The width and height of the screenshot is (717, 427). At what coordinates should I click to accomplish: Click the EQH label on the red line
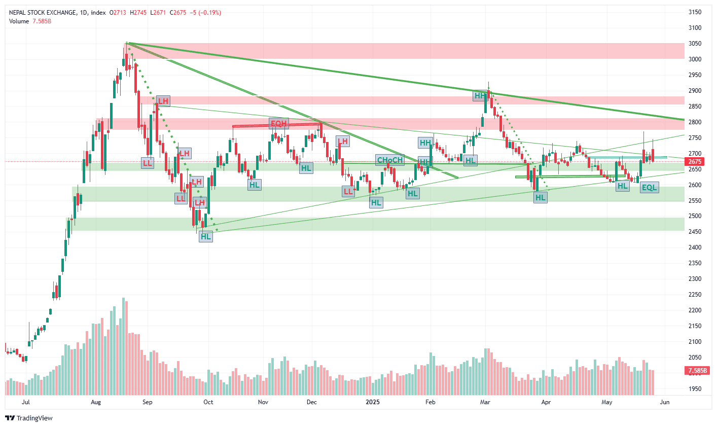(x=279, y=123)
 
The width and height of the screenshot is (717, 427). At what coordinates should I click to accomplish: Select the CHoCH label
(x=389, y=160)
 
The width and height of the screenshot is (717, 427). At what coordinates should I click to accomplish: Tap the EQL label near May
(x=649, y=188)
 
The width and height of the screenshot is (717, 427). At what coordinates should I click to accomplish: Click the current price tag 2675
(x=694, y=162)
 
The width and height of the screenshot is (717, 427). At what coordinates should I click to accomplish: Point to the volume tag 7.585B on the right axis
(x=697, y=371)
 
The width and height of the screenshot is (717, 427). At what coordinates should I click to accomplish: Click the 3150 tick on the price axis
(x=694, y=12)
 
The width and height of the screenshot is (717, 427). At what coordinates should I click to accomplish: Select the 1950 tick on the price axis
(x=694, y=389)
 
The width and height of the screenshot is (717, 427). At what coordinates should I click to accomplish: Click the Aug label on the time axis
(x=96, y=402)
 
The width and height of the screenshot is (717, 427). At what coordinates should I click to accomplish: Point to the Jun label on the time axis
(x=665, y=402)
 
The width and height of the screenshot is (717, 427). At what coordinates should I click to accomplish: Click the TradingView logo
(x=29, y=418)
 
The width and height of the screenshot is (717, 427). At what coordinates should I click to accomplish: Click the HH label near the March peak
(x=480, y=95)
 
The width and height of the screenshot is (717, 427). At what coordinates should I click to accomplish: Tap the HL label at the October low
(x=205, y=236)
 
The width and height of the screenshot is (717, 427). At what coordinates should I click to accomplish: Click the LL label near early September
(x=147, y=163)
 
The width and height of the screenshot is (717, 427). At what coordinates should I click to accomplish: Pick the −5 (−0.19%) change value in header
(x=205, y=13)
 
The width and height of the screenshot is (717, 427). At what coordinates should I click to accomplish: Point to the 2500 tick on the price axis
(x=694, y=216)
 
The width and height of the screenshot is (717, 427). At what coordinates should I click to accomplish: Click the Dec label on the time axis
(x=311, y=402)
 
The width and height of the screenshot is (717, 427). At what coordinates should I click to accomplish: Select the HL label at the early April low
(x=541, y=198)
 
